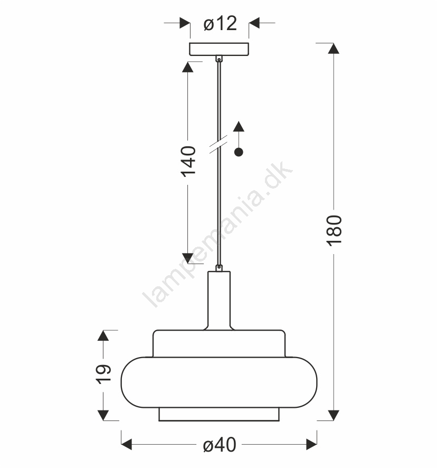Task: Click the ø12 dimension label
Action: pyautogui.click(x=220, y=23)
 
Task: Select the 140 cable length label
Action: pyautogui.click(x=188, y=162)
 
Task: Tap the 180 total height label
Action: pyautogui.click(x=334, y=231)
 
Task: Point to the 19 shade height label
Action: pyautogui.click(x=103, y=374)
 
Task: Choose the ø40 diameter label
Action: pyautogui.click(x=220, y=445)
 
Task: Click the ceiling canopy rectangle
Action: pyautogui.click(x=219, y=49)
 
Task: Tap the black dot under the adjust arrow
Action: pyautogui.click(x=239, y=152)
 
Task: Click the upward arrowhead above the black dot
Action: pyautogui.click(x=239, y=126)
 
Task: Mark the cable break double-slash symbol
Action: pyautogui.click(x=218, y=144)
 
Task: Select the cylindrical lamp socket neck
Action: pyautogui.click(x=219, y=300)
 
